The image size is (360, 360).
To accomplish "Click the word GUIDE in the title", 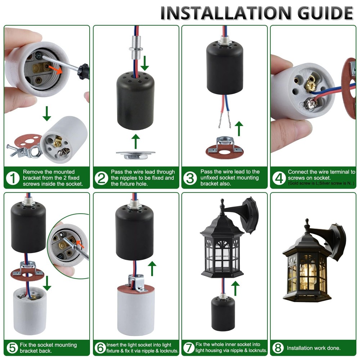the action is (325, 13).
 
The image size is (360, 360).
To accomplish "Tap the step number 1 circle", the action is (13, 178).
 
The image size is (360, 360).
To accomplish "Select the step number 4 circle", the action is (279, 178).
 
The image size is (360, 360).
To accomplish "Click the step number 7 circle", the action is (189, 347).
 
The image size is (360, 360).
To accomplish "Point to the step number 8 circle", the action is (278, 348).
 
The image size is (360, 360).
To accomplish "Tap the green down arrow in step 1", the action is (46, 113).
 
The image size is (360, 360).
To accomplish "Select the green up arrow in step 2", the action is (135, 141).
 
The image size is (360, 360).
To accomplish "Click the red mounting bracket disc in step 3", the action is (224, 152).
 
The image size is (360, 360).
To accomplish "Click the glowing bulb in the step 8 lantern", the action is (307, 273).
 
